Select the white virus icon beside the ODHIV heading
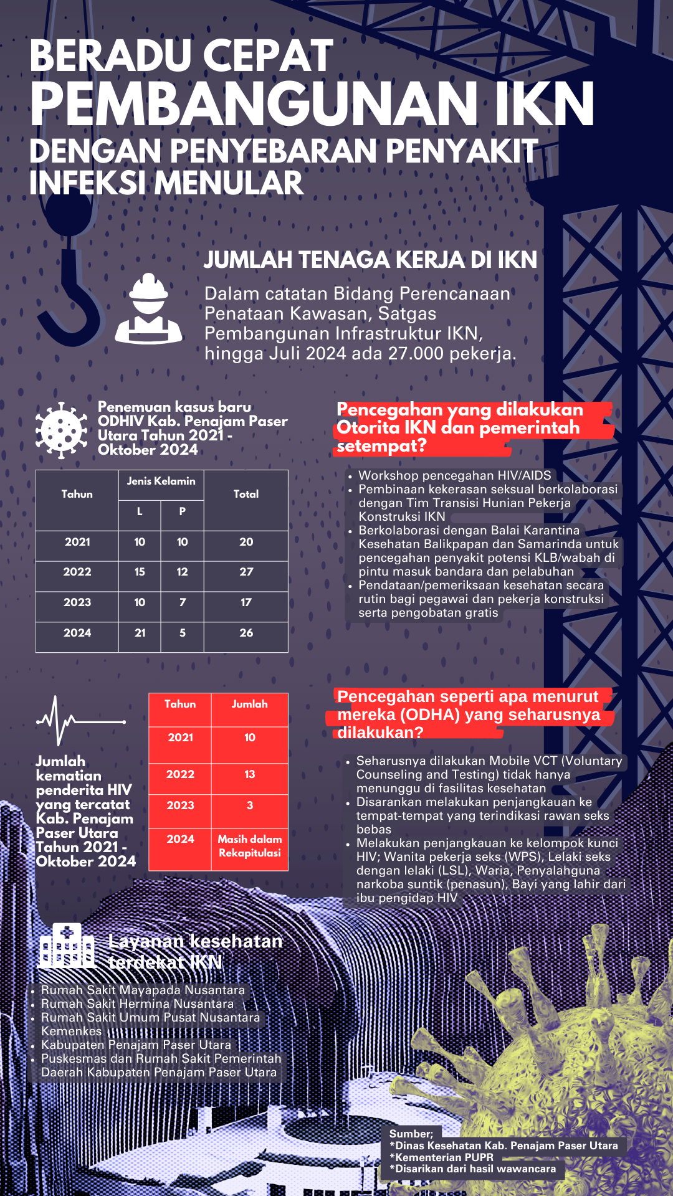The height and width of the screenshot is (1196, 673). [x=61, y=430]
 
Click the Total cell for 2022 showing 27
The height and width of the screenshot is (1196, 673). [x=246, y=572]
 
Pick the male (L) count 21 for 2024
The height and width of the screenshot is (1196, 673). [x=140, y=633]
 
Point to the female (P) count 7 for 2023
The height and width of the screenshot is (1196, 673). [x=182, y=602]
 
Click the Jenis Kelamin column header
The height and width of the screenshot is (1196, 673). [x=161, y=482]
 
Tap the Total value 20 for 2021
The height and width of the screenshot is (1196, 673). [x=246, y=542]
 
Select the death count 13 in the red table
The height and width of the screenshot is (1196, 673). [x=249, y=774]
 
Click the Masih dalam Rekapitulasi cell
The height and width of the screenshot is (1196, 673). [x=249, y=846]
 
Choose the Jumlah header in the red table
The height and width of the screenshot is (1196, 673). [x=249, y=704]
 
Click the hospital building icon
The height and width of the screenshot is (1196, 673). [x=66, y=946]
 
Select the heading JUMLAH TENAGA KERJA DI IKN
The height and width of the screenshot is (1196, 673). [x=370, y=260]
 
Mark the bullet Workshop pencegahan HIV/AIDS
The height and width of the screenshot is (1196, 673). [x=454, y=475]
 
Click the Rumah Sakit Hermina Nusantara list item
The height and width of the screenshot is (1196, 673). [x=137, y=1004]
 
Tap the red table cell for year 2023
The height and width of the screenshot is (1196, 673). [x=180, y=805]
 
